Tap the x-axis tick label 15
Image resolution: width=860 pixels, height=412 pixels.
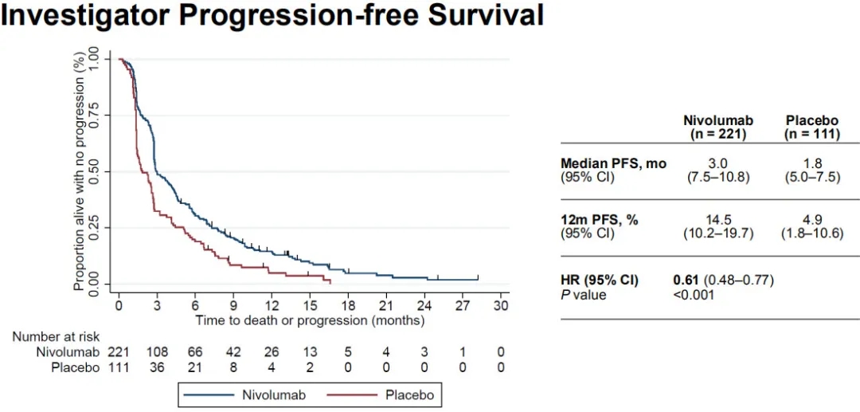[310, 306]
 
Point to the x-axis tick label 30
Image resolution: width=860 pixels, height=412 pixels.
[501, 306]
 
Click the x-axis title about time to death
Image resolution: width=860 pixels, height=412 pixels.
[311, 320]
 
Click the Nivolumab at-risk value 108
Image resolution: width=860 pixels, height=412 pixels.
[157, 352]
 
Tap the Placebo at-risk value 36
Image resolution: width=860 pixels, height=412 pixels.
[157, 367]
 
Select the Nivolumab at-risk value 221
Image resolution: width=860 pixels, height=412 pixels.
[119, 352]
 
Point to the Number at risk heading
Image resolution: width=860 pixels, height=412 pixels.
[56, 337]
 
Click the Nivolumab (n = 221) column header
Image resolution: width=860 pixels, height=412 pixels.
[718, 128]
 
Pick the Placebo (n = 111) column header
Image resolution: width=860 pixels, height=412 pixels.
[811, 128]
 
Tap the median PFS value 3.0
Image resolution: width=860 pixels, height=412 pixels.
[718, 163]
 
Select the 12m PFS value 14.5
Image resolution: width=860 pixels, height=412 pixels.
[718, 220]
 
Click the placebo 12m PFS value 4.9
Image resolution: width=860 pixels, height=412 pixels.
[811, 220]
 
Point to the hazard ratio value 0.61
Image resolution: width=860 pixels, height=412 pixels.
[686, 281]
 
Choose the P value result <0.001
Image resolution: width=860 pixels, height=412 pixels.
[694, 295]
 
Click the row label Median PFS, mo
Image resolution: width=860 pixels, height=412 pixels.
[613, 163]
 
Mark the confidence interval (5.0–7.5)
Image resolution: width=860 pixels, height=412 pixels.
[811, 177]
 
